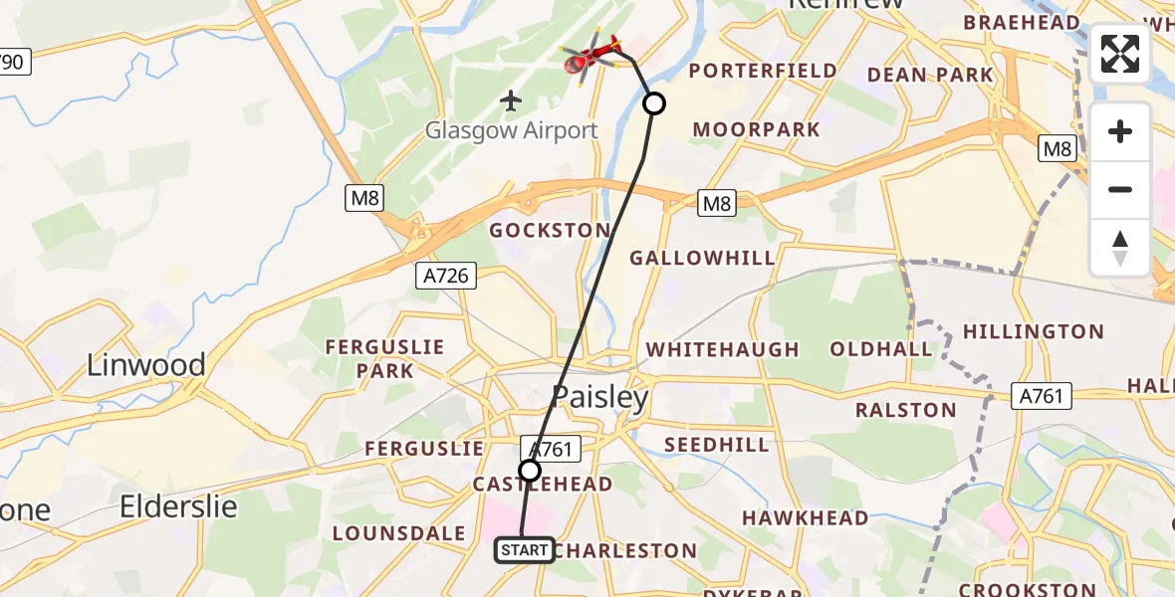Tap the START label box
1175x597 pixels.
[x=524, y=550]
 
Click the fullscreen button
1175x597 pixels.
[x=1120, y=54]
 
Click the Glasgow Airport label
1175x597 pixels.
[x=512, y=130]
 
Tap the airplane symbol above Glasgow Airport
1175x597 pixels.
[x=511, y=100]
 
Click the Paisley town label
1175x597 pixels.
[x=600, y=398]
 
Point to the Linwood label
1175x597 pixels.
[x=146, y=365]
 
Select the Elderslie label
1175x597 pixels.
[x=179, y=506]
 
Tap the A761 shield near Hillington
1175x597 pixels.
[x=1043, y=396]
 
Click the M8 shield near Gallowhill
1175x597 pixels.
[x=716, y=205]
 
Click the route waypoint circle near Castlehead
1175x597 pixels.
[x=530, y=471]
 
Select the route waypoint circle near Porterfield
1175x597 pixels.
[x=654, y=103]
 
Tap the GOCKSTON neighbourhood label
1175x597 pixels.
[x=548, y=230]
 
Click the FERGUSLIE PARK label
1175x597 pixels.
[x=383, y=358]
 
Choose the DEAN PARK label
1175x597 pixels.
[x=930, y=75]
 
